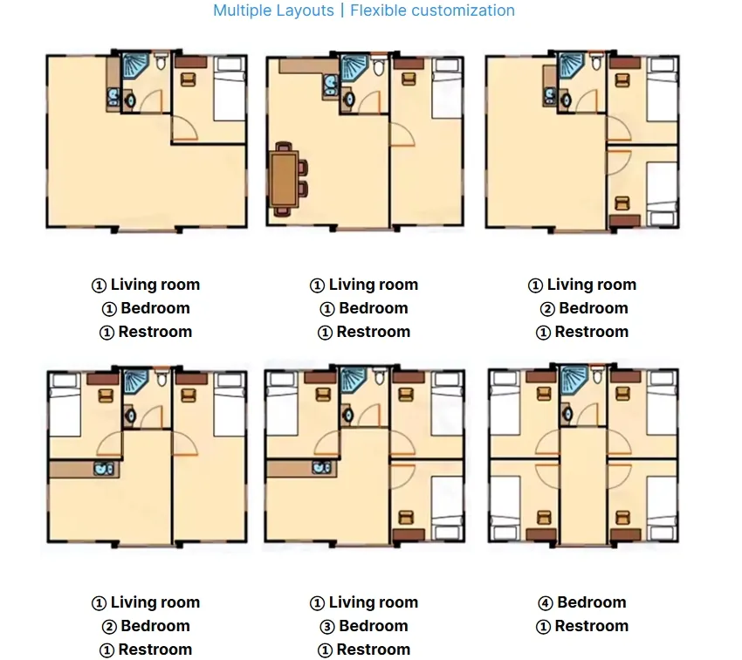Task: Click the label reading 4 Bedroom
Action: coord(582,602)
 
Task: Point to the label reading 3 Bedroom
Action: coord(364,626)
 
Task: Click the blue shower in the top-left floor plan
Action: coord(134,66)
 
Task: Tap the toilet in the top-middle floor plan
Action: coord(378,68)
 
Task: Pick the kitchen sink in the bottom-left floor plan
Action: coord(105,470)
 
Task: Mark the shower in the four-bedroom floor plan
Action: coord(574,380)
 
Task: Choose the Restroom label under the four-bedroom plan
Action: coord(582,626)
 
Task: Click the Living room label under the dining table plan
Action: coord(364,285)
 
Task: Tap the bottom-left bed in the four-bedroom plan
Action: coord(505,506)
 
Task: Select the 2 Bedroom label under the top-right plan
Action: coord(582,308)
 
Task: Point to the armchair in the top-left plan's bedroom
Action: coord(188,79)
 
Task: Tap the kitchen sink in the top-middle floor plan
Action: coord(332,84)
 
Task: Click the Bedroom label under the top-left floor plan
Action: coord(146,308)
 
